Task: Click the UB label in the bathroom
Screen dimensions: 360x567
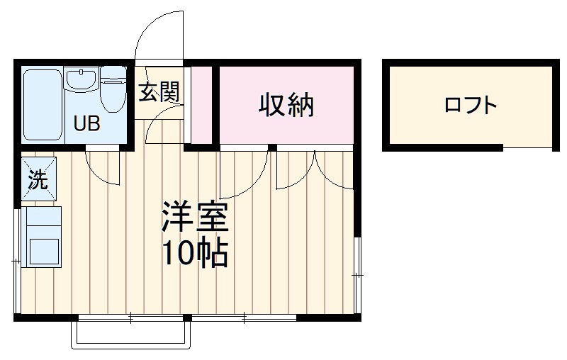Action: point(88,124)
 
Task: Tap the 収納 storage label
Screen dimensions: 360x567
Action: point(286,106)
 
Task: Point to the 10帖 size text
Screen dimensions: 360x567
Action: point(195,253)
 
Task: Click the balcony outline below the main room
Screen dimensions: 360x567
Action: point(131,335)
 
